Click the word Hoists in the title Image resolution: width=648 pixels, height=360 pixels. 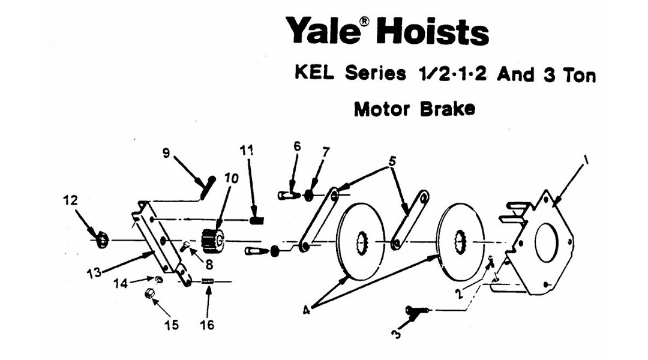tap(432, 31)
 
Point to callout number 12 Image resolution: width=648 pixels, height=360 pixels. tap(71, 200)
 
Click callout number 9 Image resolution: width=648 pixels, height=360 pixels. tap(166, 152)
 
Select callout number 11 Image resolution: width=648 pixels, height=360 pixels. tap(247, 150)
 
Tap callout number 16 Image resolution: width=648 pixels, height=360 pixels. tap(207, 325)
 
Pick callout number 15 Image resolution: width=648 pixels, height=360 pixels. tap(172, 325)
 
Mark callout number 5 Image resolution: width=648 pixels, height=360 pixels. tap(392, 162)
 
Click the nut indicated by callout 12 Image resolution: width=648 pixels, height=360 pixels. tap(102, 241)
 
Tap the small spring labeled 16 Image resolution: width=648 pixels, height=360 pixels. tap(208, 282)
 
